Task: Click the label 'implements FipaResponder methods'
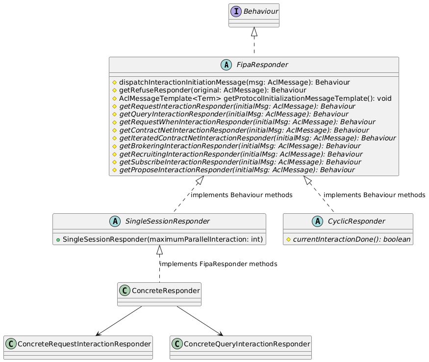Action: point(219,264)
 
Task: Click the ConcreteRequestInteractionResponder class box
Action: point(78,347)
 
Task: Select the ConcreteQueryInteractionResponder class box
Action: point(240,347)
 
